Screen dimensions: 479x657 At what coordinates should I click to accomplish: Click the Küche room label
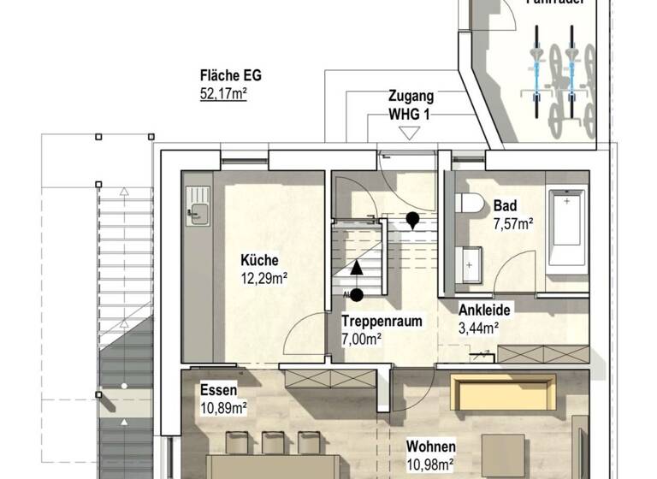[259, 261]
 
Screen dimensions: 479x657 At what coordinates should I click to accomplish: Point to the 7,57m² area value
[513, 223]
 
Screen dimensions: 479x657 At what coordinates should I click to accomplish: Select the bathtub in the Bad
[565, 227]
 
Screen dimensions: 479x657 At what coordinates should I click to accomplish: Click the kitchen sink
[198, 213]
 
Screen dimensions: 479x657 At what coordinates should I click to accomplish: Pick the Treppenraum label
[382, 322]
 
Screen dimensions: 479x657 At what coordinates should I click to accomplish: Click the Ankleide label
[484, 310]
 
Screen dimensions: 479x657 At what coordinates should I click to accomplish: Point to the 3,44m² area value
[478, 327]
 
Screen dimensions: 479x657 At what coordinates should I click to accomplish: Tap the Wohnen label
[430, 446]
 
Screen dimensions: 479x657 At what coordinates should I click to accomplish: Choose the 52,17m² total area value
[223, 92]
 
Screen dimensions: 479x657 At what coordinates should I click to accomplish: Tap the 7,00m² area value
[362, 338]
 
